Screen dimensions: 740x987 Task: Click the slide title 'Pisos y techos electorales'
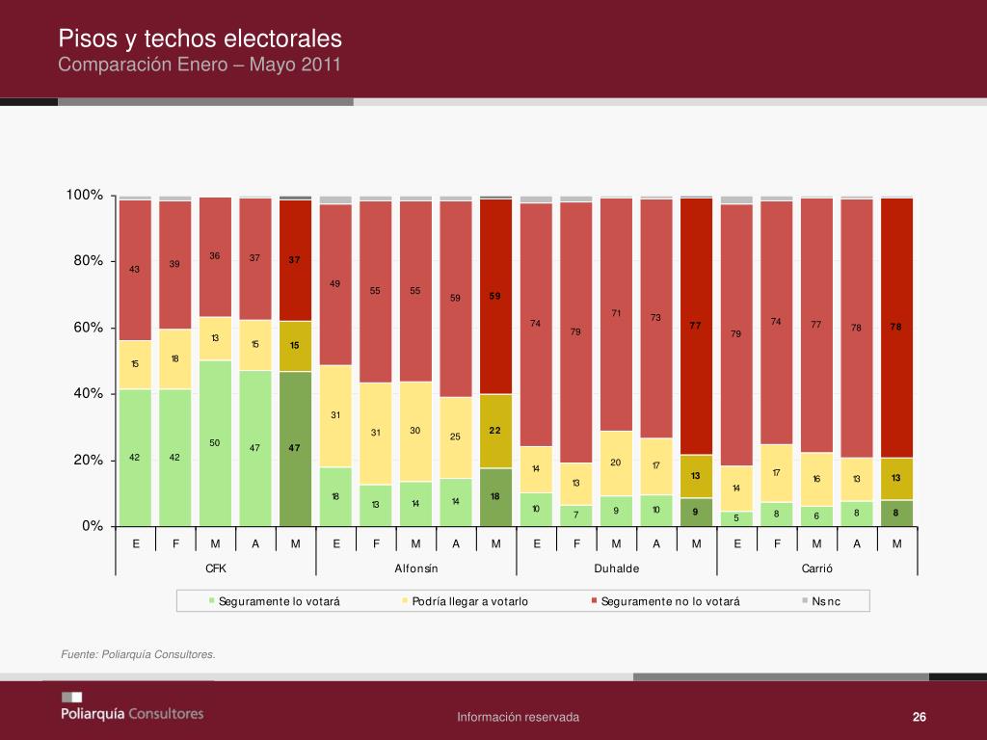200,39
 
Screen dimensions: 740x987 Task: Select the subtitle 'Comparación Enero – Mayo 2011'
200,65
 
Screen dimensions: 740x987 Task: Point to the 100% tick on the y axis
85,196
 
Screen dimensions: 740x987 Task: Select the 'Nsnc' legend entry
825,601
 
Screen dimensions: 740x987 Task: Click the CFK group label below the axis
215,568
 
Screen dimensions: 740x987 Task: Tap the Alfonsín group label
415,568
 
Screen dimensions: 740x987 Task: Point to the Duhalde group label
616,568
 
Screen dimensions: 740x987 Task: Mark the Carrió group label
816,568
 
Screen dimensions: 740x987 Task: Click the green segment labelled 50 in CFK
215,443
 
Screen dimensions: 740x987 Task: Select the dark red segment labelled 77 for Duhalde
696,326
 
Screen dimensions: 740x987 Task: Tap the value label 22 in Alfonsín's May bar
495,430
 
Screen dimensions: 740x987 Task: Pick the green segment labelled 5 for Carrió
736,518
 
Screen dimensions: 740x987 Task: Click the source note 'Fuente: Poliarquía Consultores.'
138,655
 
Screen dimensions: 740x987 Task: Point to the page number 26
919,717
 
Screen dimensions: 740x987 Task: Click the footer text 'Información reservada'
518,717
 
